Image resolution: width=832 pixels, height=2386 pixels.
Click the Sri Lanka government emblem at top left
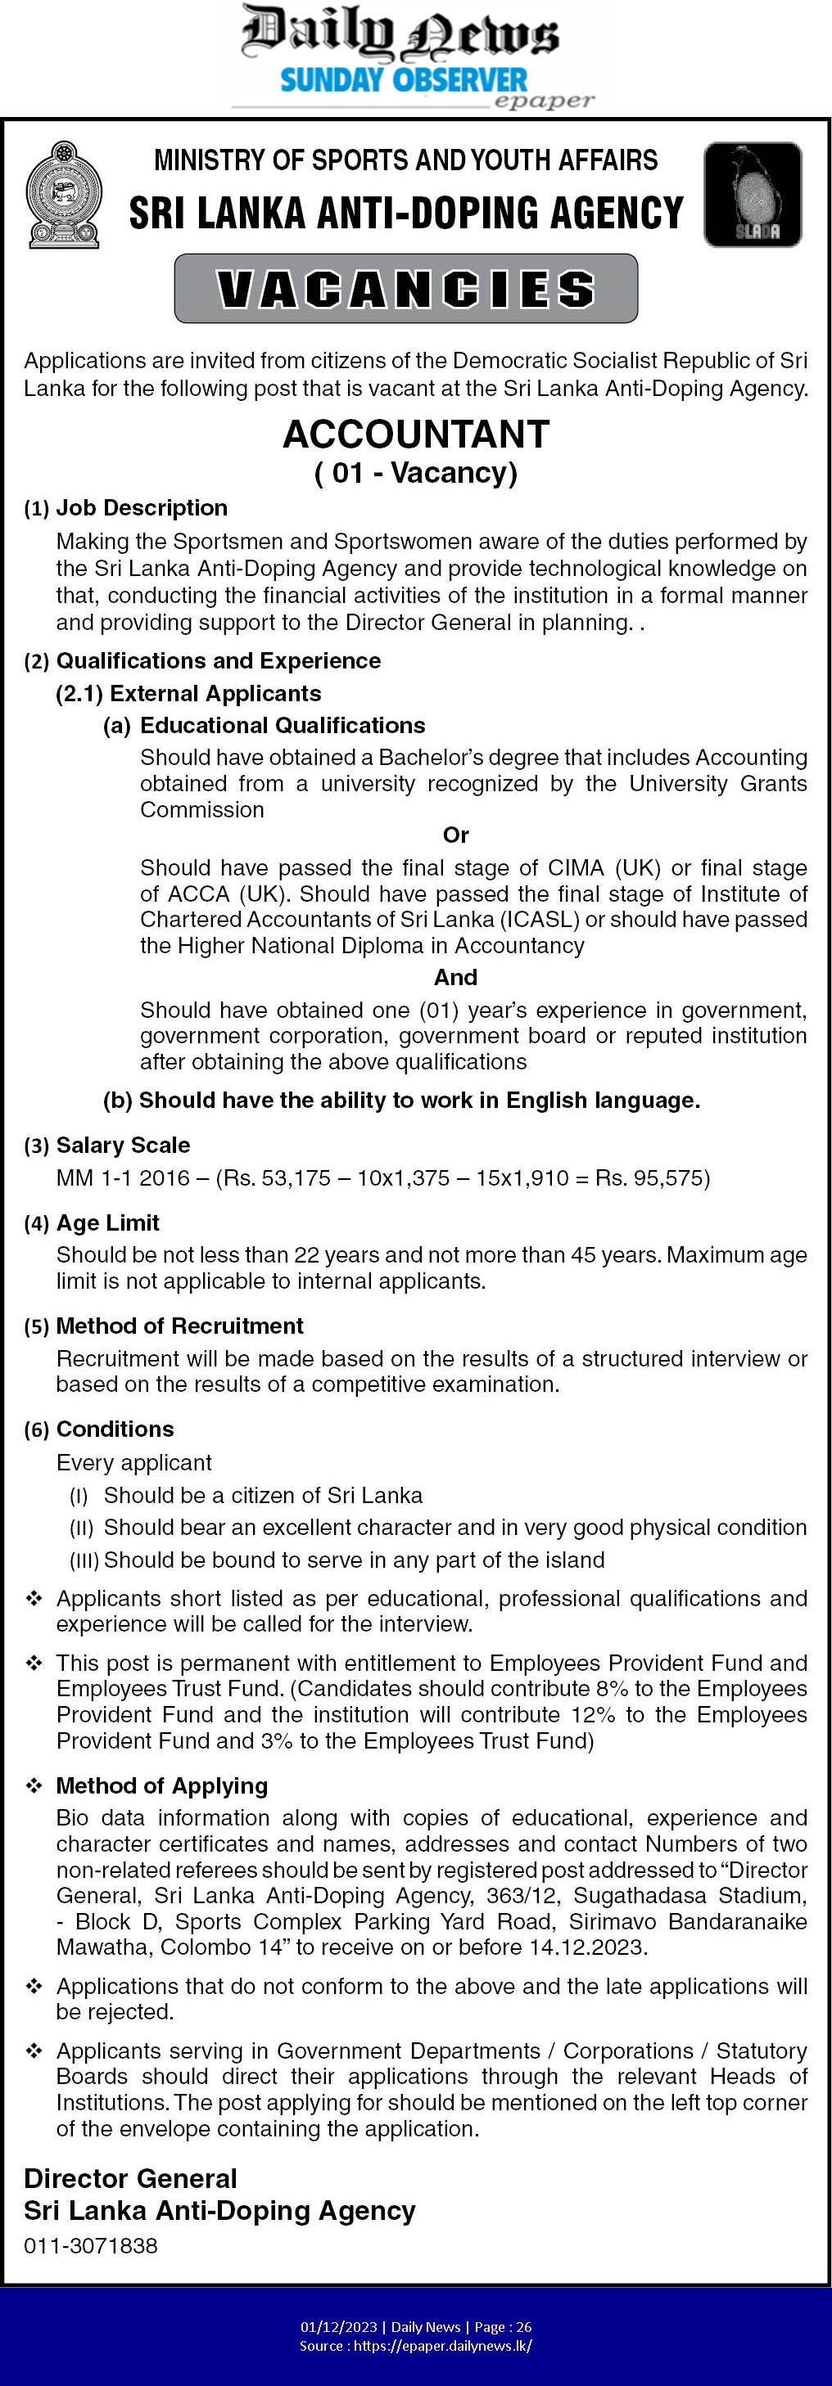point(63,195)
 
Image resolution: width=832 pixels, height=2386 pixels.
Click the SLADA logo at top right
point(753,195)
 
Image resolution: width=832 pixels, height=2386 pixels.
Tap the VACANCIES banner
point(406,288)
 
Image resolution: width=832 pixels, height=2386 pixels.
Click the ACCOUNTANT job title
point(416,434)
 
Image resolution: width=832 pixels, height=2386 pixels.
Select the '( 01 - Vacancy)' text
point(416,472)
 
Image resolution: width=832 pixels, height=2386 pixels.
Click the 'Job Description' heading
point(141,507)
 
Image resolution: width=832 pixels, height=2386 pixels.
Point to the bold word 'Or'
point(456,835)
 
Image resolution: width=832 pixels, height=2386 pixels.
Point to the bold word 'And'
point(456,977)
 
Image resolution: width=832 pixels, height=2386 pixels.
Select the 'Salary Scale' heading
point(122,1145)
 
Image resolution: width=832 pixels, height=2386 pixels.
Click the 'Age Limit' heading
point(107,1222)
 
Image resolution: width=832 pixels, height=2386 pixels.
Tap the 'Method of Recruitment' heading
point(179,1326)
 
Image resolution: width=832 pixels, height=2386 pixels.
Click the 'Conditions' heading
point(115,1429)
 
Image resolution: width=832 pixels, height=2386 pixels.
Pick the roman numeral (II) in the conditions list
point(79,1528)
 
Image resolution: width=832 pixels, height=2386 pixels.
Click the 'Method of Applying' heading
point(161,1785)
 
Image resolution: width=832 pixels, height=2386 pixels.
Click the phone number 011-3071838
point(91,2245)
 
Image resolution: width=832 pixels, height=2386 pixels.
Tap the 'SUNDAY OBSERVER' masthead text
point(403,80)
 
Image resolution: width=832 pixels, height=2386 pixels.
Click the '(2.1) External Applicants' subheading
point(188,693)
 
